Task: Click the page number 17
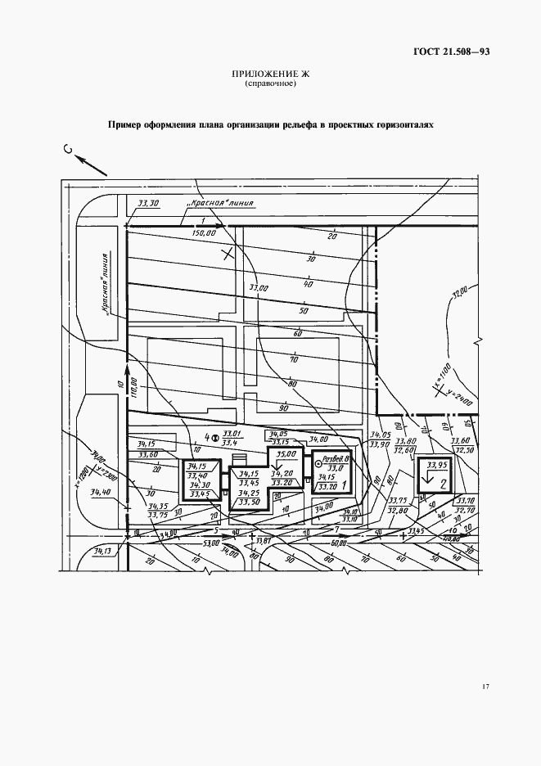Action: tap(485, 686)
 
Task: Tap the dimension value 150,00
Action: tap(203, 233)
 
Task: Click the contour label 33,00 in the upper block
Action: tap(259, 288)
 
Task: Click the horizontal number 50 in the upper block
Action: tap(304, 311)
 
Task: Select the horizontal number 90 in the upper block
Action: tap(283, 407)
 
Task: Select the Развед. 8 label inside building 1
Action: tap(336, 461)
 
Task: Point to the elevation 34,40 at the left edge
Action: tap(101, 492)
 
